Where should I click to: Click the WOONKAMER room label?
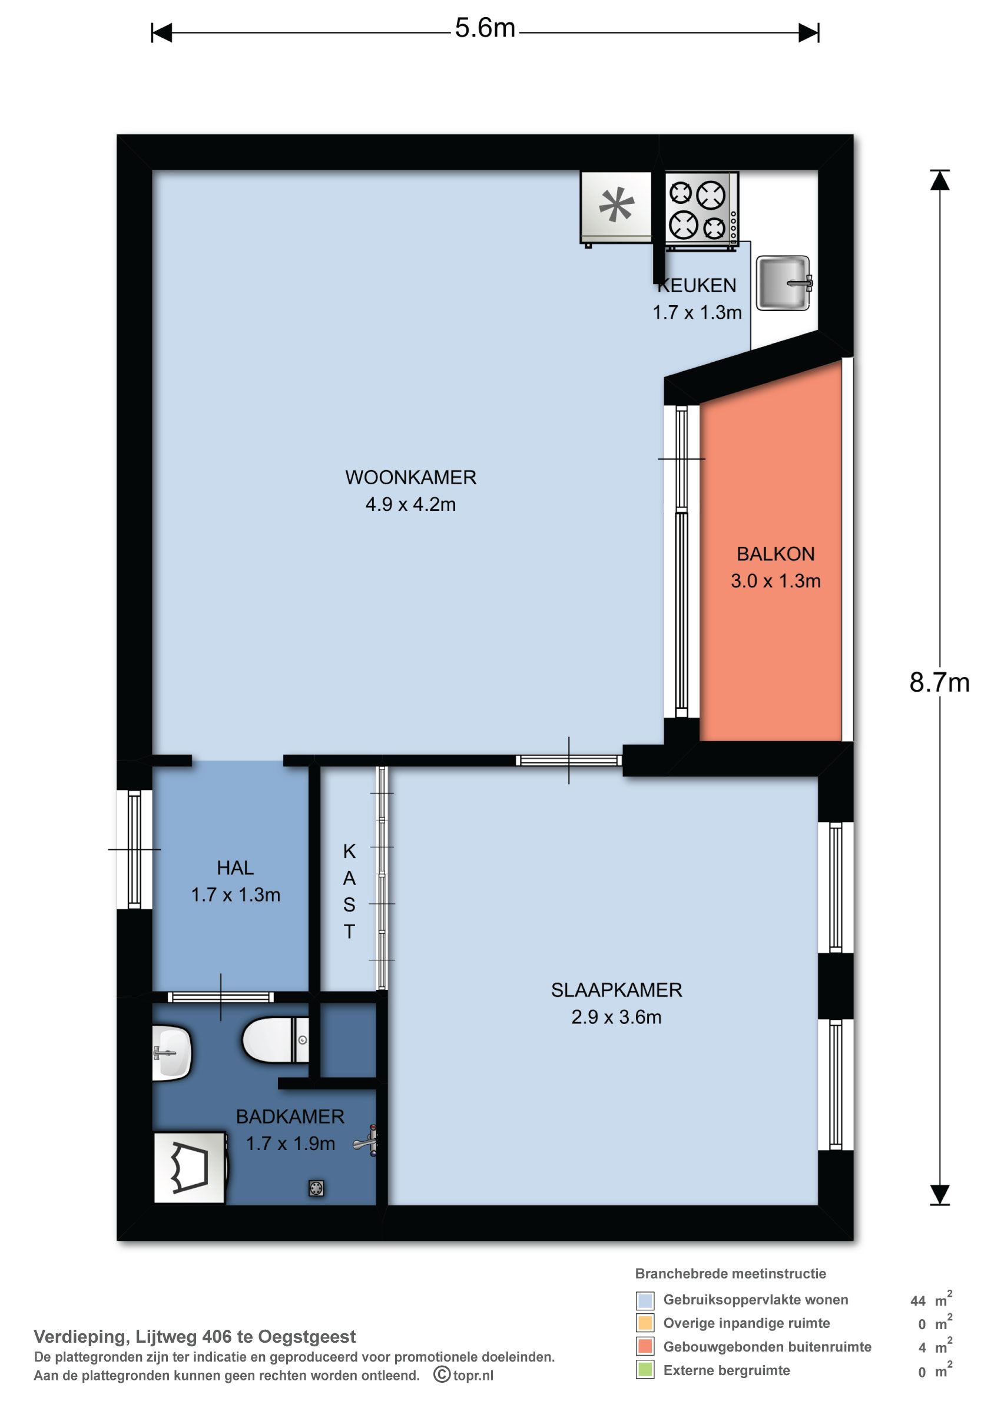(x=410, y=477)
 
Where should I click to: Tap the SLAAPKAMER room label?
(x=616, y=990)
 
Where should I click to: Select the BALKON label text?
(x=775, y=554)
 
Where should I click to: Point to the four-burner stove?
(x=701, y=211)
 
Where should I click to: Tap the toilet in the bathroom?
(x=276, y=1039)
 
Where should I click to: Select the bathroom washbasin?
(x=171, y=1052)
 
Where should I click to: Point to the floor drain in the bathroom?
(x=316, y=1188)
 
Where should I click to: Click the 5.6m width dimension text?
(x=485, y=28)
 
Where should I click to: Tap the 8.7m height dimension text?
(x=939, y=683)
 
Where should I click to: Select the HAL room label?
(x=236, y=868)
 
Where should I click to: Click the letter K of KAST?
(x=350, y=851)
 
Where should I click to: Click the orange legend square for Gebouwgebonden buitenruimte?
(x=645, y=1347)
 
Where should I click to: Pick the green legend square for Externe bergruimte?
(x=645, y=1370)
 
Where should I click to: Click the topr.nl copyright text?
(x=463, y=1375)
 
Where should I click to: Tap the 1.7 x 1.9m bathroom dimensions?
(x=290, y=1144)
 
